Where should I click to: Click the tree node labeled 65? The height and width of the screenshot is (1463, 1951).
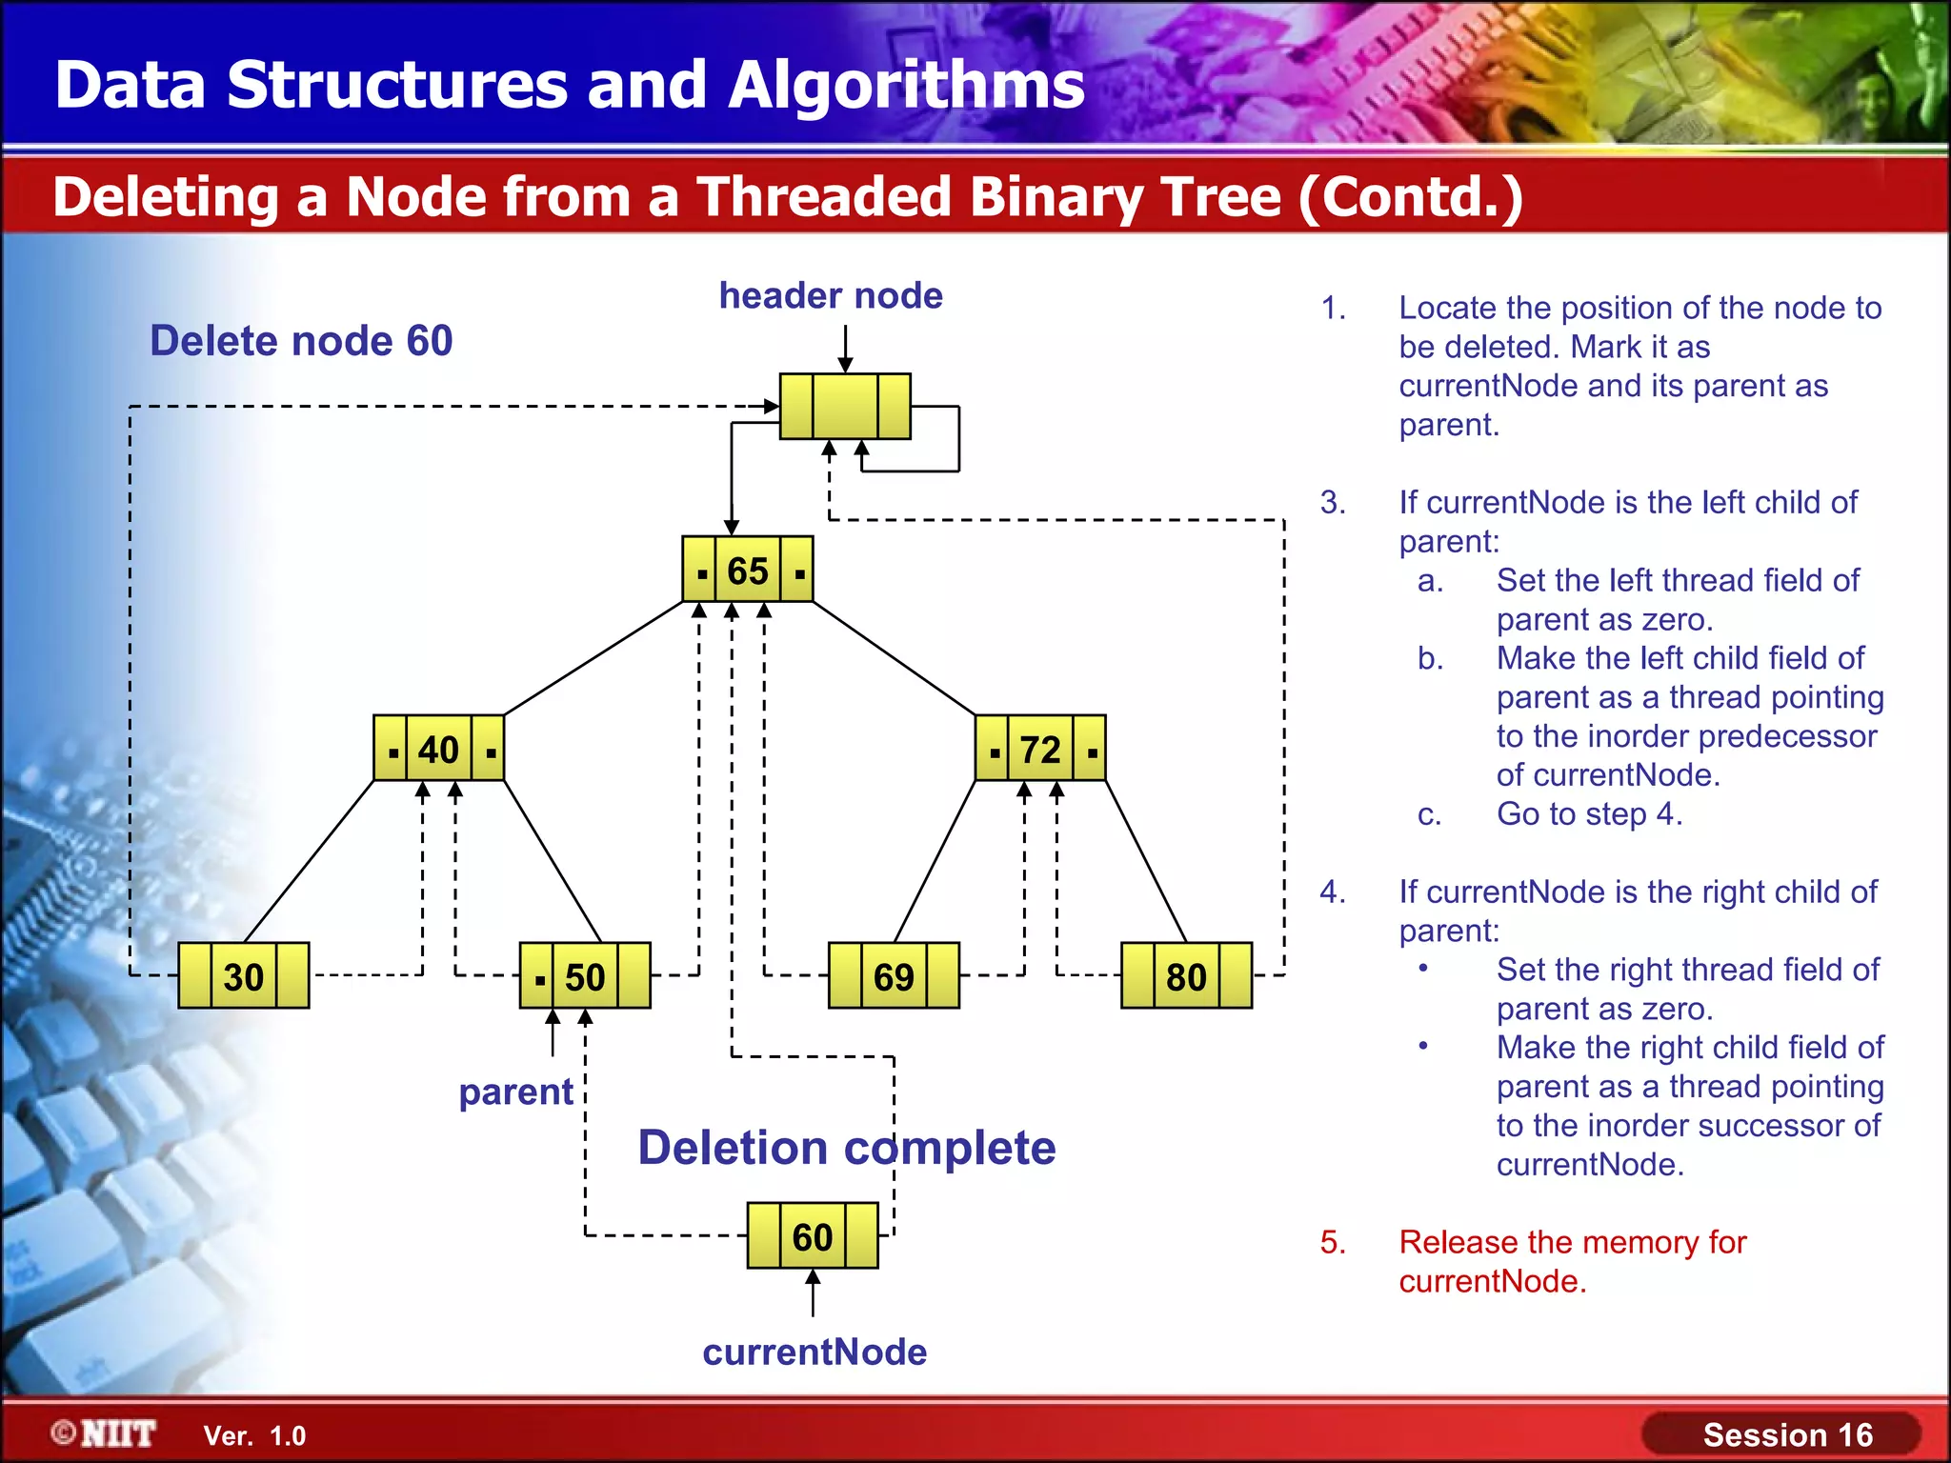point(748,570)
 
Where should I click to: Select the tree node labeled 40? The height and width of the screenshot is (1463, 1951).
point(438,749)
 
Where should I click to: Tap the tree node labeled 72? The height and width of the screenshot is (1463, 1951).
point(1040,749)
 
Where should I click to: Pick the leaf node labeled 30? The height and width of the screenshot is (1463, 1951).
point(244,976)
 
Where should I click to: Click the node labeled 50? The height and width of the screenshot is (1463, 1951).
point(585,976)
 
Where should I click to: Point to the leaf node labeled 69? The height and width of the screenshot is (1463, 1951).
point(894,976)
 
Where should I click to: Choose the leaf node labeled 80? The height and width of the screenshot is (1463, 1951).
point(1186,976)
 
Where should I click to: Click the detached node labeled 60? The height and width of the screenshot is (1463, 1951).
point(813,1236)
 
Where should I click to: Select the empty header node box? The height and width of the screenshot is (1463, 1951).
point(845,407)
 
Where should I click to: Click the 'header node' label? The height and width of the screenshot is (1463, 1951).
point(831,296)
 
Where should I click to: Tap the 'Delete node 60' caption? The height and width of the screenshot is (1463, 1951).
point(301,341)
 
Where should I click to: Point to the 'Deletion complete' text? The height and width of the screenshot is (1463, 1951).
point(846,1148)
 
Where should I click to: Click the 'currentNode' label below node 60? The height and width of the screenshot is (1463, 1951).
point(815,1353)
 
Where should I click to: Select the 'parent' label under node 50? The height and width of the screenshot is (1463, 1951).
point(515,1092)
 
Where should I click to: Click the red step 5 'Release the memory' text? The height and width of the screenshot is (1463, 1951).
point(1572,1261)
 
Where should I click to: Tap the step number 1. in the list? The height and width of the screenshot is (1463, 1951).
point(1333,308)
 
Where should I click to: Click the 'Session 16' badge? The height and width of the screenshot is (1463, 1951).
point(1787,1434)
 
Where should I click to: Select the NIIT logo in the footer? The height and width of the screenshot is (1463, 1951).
point(104,1433)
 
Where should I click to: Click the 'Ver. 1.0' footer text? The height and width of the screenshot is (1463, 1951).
point(254,1435)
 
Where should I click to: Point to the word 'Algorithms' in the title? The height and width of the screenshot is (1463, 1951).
point(906,86)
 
